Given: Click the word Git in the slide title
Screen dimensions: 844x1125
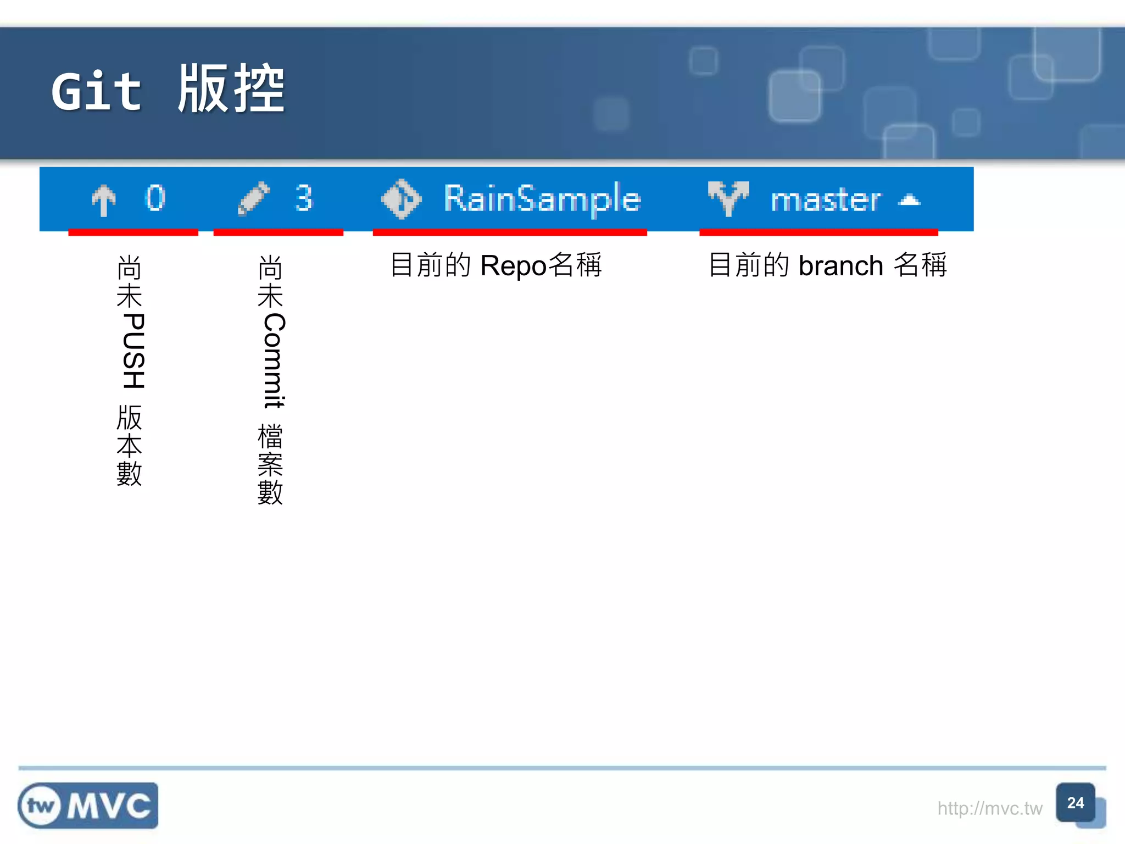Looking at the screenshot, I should point(97,91).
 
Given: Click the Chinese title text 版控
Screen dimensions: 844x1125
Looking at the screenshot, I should point(231,89).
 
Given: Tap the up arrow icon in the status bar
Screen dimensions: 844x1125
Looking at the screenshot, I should point(103,200).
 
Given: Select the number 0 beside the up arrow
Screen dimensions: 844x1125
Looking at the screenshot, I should point(155,198).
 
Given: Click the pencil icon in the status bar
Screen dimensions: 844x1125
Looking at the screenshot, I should point(253,198).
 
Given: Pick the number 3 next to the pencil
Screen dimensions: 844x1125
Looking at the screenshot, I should point(303,198).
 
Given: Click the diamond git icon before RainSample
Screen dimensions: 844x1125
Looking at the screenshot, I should point(402,199).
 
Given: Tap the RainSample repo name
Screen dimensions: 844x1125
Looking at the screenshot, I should point(542,199).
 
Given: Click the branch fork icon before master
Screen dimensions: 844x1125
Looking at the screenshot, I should point(728,198).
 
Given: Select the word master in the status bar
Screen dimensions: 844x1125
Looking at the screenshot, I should point(825,200).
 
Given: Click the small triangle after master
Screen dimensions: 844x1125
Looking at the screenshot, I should point(909,200).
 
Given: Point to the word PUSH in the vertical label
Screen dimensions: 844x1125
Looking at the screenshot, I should point(133,351).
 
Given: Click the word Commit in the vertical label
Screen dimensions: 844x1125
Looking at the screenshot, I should point(274,360).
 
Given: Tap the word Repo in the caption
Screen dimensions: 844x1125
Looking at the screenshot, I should point(513,266).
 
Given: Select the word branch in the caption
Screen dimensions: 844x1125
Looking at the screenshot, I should point(840,266).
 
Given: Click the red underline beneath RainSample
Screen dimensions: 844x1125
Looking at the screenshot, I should point(510,233).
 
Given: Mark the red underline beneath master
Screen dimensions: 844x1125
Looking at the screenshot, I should point(818,233).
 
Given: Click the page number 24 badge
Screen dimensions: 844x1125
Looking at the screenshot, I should point(1075,803).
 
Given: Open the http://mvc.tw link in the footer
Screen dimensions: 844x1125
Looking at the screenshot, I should point(989,808).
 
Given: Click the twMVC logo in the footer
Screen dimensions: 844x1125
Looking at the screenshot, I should point(88,806).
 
